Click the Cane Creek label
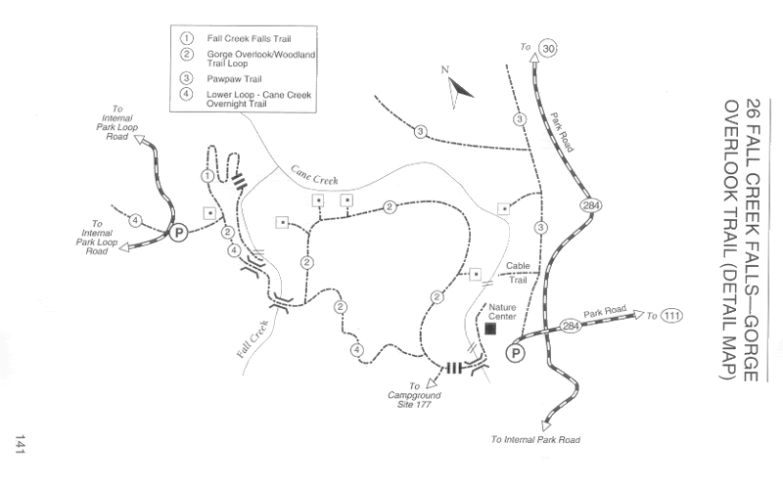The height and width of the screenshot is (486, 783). pos(314,176)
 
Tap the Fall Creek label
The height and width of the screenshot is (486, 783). pos(253,338)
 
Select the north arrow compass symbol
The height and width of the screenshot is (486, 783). pos(458,89)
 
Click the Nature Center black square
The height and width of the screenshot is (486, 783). pos(490,329)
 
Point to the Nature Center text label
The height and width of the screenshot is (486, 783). pos(502,312)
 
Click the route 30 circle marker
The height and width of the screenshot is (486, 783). pos(548,48)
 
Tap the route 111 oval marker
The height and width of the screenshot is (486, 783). pos(671,315)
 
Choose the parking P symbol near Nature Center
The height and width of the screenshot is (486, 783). pos(516,354)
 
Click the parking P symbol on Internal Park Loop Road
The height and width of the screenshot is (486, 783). pos(178,232)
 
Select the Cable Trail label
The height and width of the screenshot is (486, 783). pos(518,273)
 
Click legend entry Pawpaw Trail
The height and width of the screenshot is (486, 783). pos(234,79)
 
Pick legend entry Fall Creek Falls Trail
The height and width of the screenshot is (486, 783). pos(249,39)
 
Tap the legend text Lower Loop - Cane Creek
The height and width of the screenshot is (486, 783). pos(258,95)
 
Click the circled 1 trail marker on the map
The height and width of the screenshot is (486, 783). pos(207,176)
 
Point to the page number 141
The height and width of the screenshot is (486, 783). pos(20,444)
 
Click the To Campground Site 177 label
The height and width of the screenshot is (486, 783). pos(414,395)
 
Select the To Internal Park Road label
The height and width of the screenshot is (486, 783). pos(535,440)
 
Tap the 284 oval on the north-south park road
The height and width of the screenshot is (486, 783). pos(591,205)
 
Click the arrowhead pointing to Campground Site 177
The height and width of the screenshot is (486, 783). pos(431,383)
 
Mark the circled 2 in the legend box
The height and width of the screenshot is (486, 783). pos(186,54)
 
